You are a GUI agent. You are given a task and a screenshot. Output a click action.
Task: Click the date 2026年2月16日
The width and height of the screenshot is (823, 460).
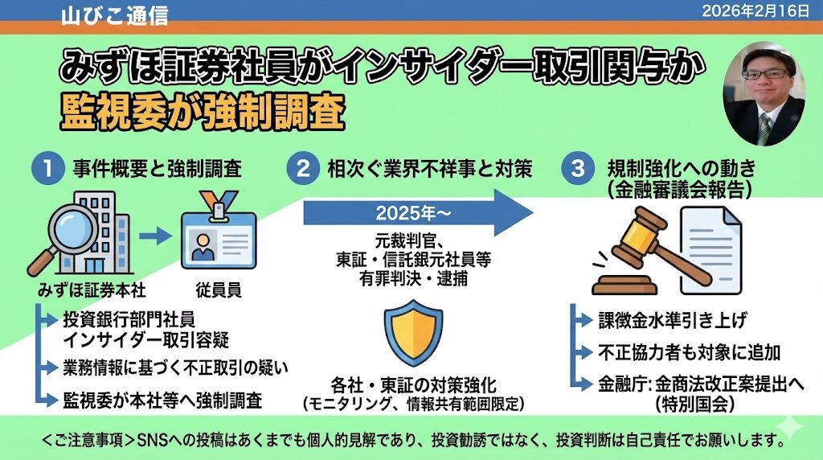coord(760,10)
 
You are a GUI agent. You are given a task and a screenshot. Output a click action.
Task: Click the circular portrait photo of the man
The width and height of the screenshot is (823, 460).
coord(764,94)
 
